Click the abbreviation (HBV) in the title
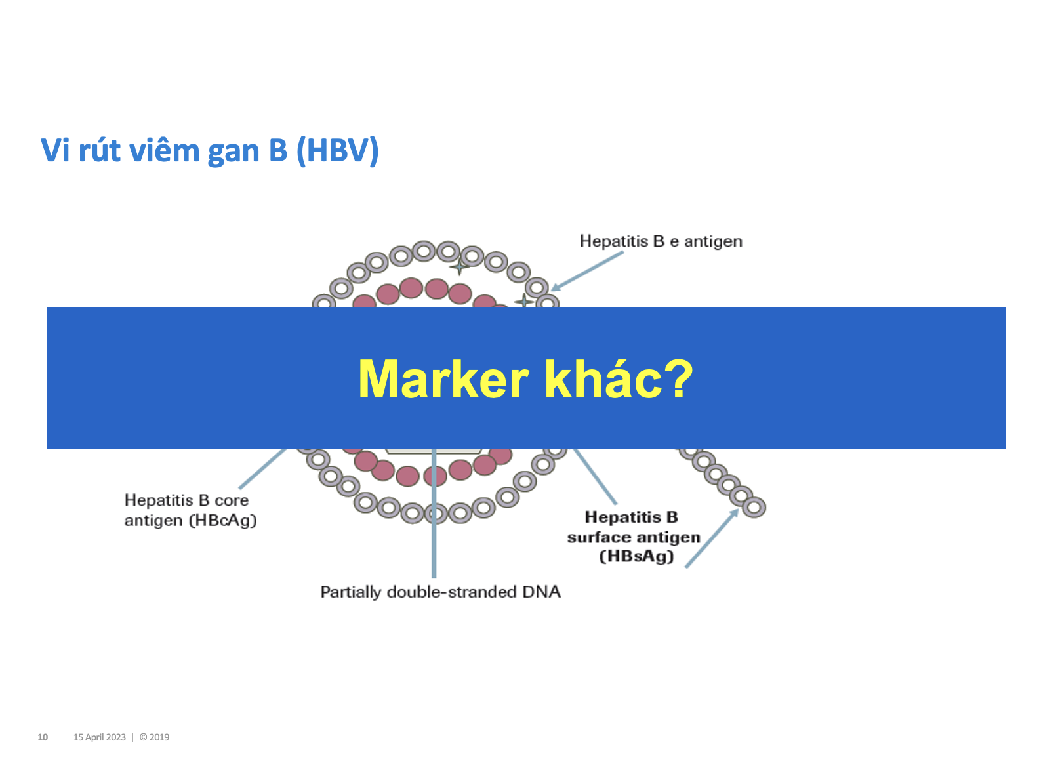[x=337, y=150]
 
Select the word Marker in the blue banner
[x=443, y=379]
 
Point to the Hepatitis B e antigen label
[x=661, y=241]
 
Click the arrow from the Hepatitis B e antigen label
[x=586, y=271]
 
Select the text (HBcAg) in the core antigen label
[x=222, y=520]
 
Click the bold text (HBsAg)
[x=636, y=556]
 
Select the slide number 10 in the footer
[x=43, y=737]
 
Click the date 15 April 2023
[x=99, y=737]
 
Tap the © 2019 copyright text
[x=154, y=737]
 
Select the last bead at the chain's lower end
[x=754, y=507]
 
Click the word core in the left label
[x=231, y=500]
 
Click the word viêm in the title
[x=165, y=150]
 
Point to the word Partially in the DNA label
[x=350, y=592]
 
